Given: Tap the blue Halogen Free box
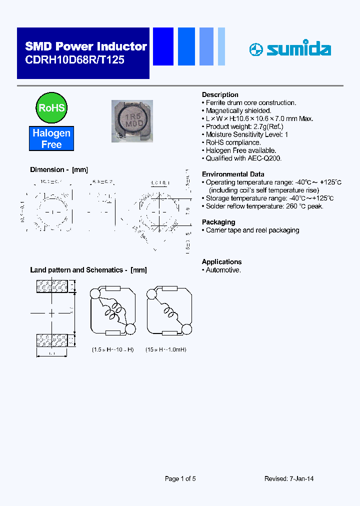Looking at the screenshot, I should [51, 138].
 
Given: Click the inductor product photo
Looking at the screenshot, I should [132, 121].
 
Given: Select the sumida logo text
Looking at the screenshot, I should [298, 49].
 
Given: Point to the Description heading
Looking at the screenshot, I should [220, 94].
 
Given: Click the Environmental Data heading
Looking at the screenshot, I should [233, 174].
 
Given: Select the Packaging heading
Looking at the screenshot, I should [218, 222].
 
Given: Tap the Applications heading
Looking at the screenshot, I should [221, 261].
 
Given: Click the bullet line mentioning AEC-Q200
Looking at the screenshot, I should [243, 158].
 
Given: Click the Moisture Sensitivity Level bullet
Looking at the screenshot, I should [246, 134].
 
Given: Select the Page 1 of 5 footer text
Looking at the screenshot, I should [180, 478].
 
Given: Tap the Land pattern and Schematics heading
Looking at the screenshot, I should [88, 270].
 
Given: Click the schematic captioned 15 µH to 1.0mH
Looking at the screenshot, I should [169, 313].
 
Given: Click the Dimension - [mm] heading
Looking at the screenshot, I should [59, 170].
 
